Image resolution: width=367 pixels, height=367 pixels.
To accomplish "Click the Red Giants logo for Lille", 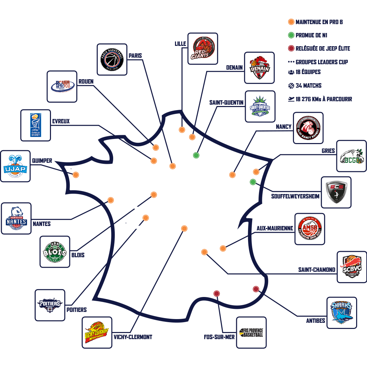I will click(203, 49).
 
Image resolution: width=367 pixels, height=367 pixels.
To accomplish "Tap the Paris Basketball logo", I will click(112, 59).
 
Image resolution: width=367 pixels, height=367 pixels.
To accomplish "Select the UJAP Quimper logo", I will click(15, 166).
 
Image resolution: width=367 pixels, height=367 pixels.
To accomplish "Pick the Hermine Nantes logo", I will click(16, 219).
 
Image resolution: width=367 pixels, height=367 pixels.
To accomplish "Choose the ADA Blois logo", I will click(55, 251).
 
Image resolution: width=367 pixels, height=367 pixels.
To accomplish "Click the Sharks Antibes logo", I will click(342, 313).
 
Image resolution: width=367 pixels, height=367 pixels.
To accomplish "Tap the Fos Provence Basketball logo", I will click(251, 332).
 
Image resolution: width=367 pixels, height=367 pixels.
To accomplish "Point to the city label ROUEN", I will click(86, 82).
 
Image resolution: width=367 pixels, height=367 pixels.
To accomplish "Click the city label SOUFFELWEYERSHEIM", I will click(295, 196).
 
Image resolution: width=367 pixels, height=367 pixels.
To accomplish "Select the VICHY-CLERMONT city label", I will click(133, 337).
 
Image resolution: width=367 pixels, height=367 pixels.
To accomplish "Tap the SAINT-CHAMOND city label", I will click(317, 270).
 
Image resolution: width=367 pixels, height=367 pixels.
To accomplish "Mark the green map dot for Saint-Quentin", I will click(196, 155).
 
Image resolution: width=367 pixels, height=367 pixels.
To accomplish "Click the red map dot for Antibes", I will click(256, 289).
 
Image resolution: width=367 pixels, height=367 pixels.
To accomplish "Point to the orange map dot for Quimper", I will click(76, 175).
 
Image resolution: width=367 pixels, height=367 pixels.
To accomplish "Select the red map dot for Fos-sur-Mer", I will click(216, 293).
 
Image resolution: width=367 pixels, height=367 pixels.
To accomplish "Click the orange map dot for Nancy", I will click(232, 175).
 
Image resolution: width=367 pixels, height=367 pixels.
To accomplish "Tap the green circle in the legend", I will click(291, 35).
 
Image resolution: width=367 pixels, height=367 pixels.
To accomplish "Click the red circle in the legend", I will click(291, 49).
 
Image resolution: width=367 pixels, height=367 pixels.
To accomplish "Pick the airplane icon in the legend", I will click(291, 99).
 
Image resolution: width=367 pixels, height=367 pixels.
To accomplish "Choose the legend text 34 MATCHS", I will click(308, 86).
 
